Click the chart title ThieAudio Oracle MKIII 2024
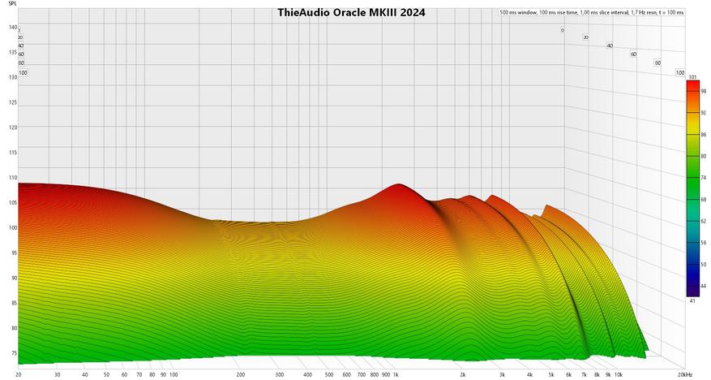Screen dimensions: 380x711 point(351,13)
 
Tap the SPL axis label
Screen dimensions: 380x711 point(12,13)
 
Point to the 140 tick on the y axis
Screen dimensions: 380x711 point(12,28)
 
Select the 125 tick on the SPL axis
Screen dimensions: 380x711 point(12,102)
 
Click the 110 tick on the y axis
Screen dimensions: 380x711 point(12,177)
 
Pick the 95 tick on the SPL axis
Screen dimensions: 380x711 point(12,253)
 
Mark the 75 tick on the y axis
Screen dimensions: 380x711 point(12,353)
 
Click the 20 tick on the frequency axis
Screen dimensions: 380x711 point(19,375)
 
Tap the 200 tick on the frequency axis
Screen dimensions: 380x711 point(241,375)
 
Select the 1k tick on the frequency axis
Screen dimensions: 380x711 point(396,375)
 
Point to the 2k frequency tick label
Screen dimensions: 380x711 point(463,375)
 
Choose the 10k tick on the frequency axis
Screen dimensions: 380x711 point(618,375)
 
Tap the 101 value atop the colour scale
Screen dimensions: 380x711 point(692,77)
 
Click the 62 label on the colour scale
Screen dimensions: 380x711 point(702,220)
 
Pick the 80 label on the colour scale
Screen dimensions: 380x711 point(702,155)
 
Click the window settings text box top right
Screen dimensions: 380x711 point(592,13)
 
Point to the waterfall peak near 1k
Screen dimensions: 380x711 point(397,186)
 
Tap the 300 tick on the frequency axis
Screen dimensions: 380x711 point(280,375)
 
